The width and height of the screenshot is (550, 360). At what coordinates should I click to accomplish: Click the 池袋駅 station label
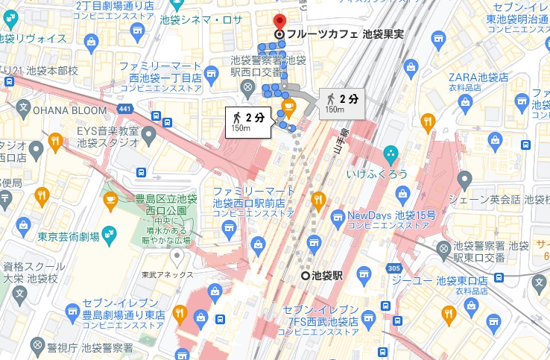327,275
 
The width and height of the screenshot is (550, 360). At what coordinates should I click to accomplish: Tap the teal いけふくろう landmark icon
391,154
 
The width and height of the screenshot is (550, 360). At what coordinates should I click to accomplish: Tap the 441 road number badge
125,110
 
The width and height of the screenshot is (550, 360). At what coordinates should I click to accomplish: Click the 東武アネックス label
162,274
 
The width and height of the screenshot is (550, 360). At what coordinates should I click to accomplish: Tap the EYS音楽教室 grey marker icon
148,135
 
